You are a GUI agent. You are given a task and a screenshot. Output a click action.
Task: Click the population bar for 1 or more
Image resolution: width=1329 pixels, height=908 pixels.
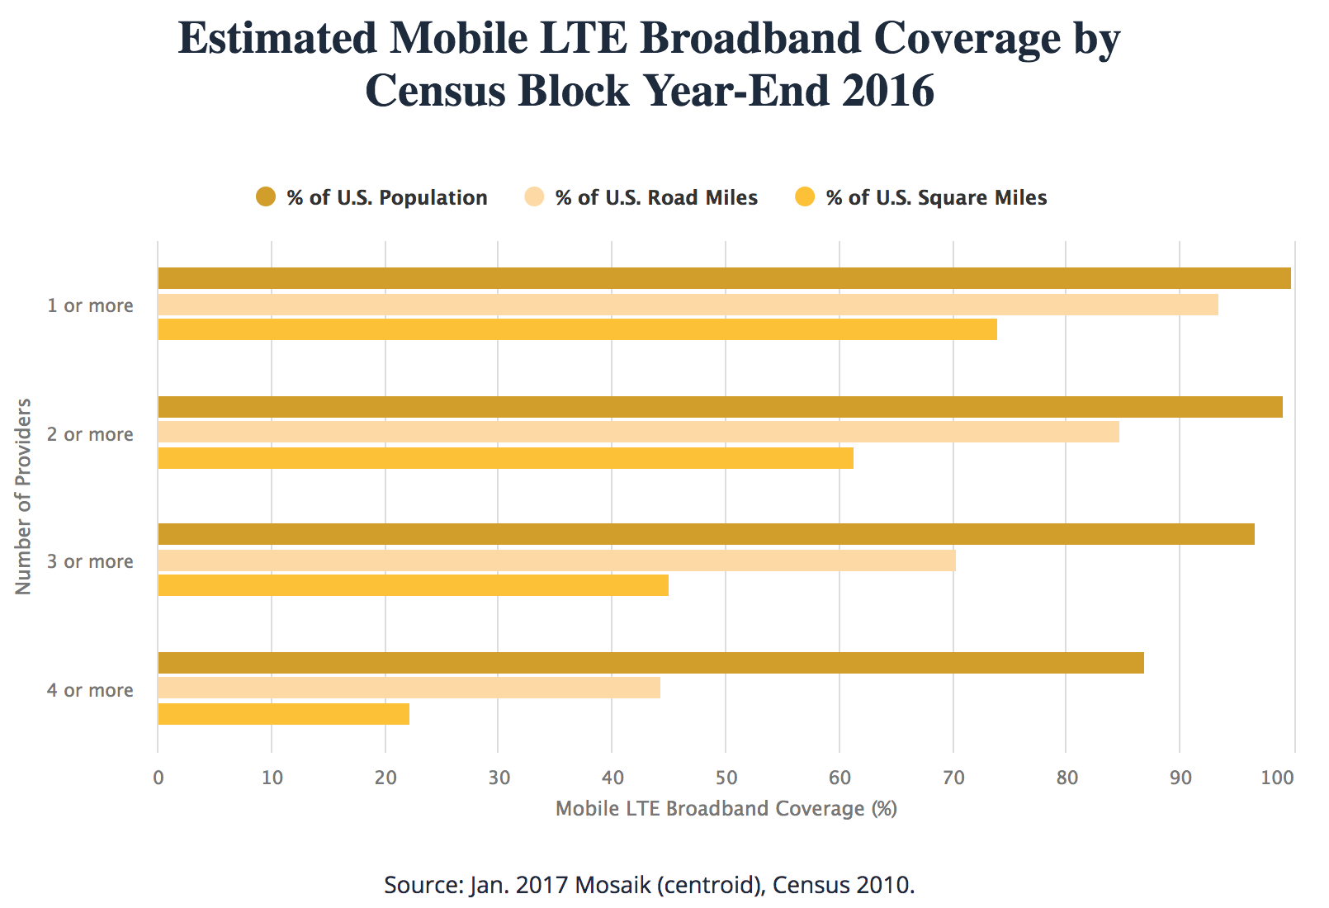[x=724, y=278]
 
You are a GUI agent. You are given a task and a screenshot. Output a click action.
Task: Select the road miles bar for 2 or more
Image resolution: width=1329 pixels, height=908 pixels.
[x=638, y=432]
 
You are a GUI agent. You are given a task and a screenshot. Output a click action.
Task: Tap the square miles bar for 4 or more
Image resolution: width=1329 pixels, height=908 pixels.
[x=283, y=714]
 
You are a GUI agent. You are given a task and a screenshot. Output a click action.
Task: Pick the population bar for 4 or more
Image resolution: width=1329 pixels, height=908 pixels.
[x=650, y=663]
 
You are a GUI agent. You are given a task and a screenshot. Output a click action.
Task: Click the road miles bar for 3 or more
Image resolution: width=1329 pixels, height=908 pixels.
[x=556, y=560]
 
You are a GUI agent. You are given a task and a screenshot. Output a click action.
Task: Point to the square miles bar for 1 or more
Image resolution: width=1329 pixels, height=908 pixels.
[x=577, y=329]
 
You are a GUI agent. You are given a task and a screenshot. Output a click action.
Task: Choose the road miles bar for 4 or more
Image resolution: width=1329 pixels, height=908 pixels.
[x=409, y=688]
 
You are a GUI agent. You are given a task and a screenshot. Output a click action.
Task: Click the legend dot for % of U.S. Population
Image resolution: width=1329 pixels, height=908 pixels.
[x=266, y=197]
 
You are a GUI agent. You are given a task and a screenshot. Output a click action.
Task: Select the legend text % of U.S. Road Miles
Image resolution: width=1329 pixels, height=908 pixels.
[x=656, y=198]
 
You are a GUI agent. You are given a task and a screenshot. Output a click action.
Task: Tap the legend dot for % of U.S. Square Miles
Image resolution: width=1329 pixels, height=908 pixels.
[x=805, y=197]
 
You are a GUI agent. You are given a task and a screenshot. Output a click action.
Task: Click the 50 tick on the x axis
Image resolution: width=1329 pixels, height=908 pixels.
[x=726, y=778]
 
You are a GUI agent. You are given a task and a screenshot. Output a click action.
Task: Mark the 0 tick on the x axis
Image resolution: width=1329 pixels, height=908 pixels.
[x=158, y=778]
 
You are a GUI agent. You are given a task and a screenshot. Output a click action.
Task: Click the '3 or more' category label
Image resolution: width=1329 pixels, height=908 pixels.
[x=90, y=561]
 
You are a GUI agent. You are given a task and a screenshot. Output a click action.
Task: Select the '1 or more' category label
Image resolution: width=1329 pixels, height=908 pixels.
[x=90, y=305]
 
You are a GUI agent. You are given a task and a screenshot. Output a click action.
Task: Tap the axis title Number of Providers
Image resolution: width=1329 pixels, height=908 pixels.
[x=23, y=496]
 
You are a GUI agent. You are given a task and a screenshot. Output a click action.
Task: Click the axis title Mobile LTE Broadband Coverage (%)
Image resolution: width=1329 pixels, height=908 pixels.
[x=726, y=808]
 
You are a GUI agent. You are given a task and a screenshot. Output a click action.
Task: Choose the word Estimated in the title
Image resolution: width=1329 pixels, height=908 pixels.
[x=277, y=38]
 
